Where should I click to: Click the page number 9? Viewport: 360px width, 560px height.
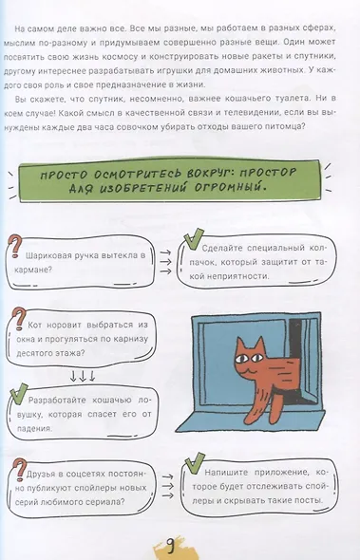click(171, 546)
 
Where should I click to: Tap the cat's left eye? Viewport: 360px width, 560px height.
click(241, 358)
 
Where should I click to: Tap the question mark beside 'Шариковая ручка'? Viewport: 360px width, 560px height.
click(16, 246)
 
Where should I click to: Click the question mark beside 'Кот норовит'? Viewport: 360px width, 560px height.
click(17, 319)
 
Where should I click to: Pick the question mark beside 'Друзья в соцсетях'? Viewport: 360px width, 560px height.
click(19, 471)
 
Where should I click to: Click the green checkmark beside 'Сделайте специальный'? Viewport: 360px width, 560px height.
click(193, 238)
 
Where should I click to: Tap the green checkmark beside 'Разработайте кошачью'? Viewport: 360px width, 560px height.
click(19, 393)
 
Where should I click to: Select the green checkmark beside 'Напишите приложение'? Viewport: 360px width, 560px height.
click(195, 463)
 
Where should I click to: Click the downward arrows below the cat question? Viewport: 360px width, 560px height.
click(83, 376)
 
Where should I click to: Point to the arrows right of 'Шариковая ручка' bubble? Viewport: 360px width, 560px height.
click(165, 262)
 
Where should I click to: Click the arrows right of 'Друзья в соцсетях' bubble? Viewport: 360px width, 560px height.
click(168, 486)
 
